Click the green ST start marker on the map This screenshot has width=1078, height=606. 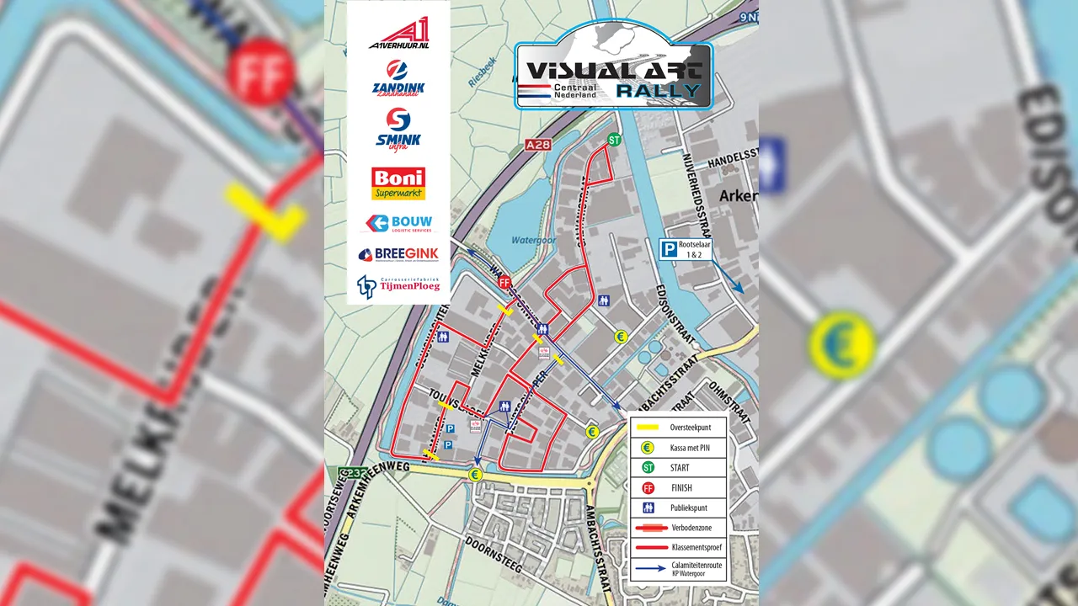tap(614, 140)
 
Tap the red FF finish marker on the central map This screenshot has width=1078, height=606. tap(504, 284)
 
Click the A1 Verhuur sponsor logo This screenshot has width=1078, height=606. tap(398, 34)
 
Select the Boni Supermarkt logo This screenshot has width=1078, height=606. tap(398, 183)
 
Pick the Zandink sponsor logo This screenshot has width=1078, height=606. tap(398, 79)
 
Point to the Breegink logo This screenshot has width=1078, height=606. tap(398, 254)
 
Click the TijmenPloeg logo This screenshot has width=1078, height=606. tap(398, 287)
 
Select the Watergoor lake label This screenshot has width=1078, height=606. tap(530, 240)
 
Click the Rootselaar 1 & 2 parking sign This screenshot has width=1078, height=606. tap(686, 249)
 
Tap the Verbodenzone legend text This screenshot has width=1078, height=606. tap(690, 528)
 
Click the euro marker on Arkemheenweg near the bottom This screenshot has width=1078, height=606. tap(475, 475)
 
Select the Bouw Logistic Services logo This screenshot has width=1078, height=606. tap(398, 223)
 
